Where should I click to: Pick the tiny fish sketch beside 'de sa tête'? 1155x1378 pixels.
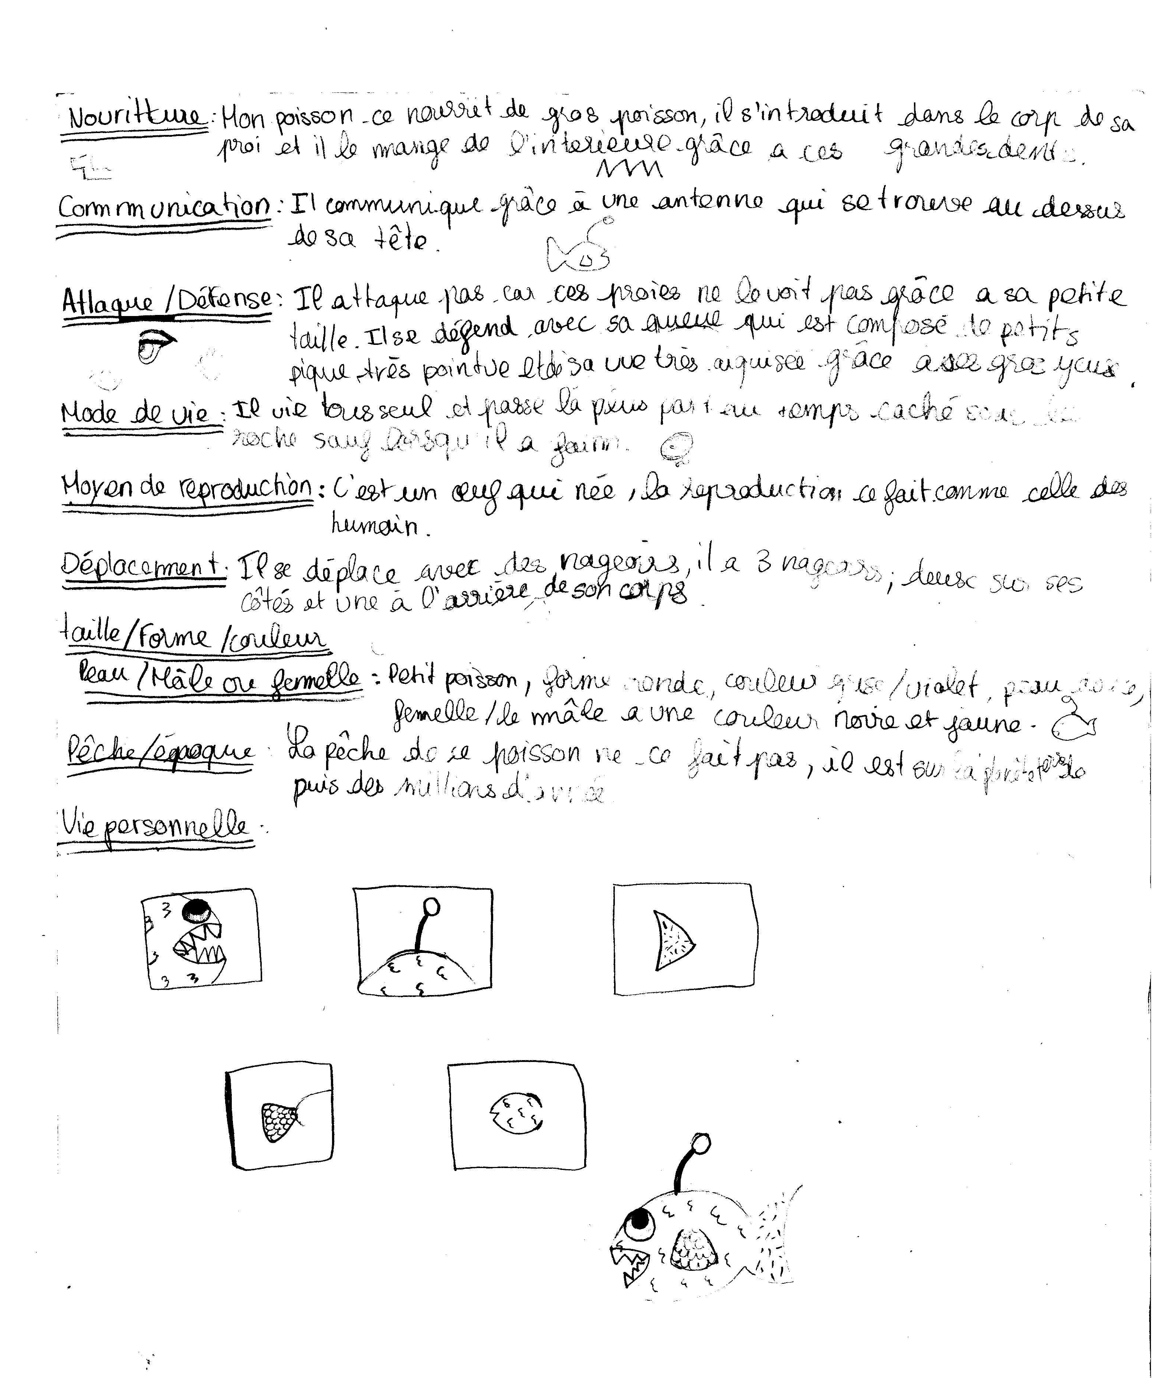[x=577, y=251]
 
